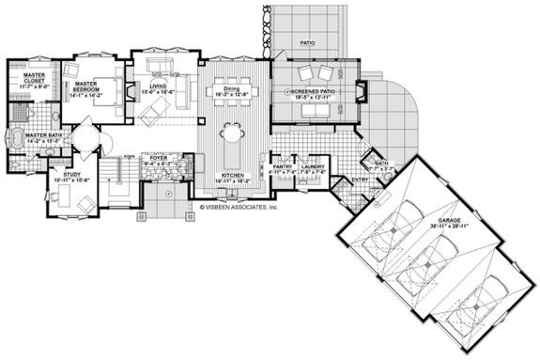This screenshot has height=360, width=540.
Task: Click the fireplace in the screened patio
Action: coord(362,94)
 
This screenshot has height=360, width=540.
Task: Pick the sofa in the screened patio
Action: coord(315,112)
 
